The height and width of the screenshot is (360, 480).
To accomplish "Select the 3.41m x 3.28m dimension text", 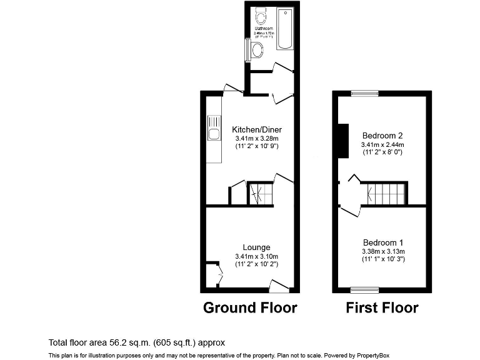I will click(256, 138).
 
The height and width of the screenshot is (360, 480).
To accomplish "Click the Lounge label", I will click(256, 247).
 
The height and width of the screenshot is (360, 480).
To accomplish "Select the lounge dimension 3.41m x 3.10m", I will click(256, 256).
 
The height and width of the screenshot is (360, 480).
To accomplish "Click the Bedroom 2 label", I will click(382, 135).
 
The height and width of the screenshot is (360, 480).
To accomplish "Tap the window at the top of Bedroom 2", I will click(364, 93).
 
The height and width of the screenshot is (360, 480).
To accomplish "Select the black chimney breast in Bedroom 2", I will click(342, 140).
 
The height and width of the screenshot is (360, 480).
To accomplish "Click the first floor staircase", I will click(386, 194).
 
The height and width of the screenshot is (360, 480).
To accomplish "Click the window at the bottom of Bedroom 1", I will click(364, 289).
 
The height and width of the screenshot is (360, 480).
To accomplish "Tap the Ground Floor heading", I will click(250, 307).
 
